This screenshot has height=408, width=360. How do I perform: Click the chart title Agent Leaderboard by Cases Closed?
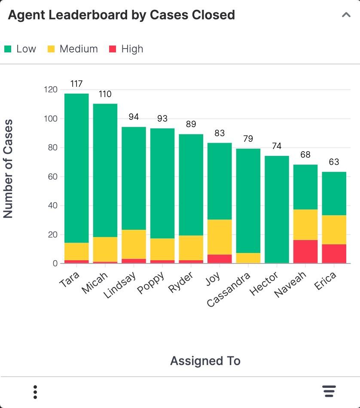pyautogui.click(x=122, y=15)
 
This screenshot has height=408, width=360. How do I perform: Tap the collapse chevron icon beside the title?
pyautogui.click(x=346, y=15)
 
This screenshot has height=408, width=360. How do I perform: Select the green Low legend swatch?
pyautogui.click(x=8, y=49)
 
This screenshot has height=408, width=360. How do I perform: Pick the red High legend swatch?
pyautogui.click(x=113, y=49)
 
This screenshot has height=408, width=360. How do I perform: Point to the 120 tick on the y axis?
pyautogui.click(x=51, y=89)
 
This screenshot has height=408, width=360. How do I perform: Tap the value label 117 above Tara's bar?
pyautogui.click(x=76, y=84)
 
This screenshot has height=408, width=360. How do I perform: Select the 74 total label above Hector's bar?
pyautogui.click(x=277, y=146)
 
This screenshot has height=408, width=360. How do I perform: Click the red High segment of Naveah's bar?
pyautogui.click(x=305, y=251)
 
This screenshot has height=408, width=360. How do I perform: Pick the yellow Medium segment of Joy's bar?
pyautogui.click(x=220, y=237)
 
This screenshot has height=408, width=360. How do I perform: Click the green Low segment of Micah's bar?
pyautogui.click(x=105, y=171)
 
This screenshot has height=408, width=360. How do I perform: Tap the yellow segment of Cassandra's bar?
pyautogui.click(x=248, y=258)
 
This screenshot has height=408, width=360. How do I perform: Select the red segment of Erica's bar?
pyautogui.click(x=334, y=254)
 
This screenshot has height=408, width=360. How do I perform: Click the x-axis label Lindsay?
pyautogui.click(x=120, y=285)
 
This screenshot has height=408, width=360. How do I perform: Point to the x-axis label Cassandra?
pyautogui.click(x=229, y=289)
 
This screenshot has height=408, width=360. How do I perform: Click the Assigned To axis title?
pyautogui.click(x=205, y=361)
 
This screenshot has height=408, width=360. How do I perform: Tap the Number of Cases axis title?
pyautogui.click(x=8, y=169)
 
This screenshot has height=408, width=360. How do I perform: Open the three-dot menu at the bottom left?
pyautogui.click(x=35, y=392)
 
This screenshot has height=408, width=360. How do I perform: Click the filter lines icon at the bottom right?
pyautogui.click(x=329, y=391)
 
